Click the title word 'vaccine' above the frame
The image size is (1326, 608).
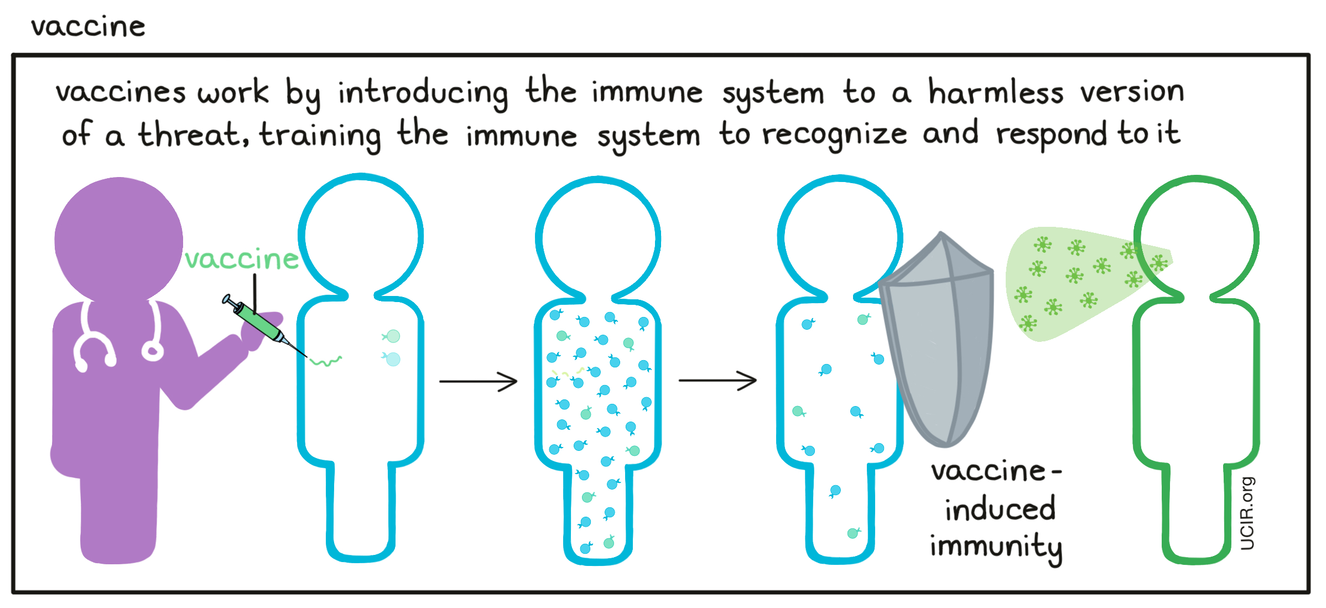88,27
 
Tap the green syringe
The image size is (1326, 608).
258,324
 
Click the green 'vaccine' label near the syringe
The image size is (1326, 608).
241,259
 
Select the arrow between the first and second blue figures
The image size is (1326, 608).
478,381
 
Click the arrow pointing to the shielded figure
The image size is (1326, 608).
717,381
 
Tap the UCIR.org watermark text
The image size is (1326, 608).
1247,513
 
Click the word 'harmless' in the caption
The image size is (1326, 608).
995,92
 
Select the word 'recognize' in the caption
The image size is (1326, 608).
834,135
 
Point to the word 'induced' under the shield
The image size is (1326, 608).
1000,510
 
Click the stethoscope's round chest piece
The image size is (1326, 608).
152,351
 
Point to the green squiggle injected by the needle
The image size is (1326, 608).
326,362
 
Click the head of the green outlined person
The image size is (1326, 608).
1196,238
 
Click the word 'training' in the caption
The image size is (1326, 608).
320,135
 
